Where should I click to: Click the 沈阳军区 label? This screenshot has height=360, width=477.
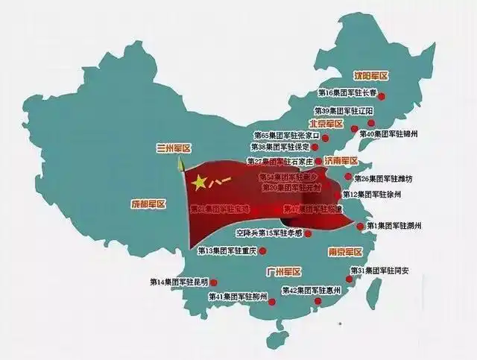[370, 76]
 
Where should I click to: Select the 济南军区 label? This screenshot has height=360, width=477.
[340, 160]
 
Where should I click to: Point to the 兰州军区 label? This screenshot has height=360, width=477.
[174, 148]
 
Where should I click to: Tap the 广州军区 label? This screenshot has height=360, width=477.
[283, 273]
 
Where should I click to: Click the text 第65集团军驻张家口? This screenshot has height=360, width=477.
[286, 136]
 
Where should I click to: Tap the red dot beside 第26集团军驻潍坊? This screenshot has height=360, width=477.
[347, 179]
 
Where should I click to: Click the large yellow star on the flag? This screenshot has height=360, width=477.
[200, 181]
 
